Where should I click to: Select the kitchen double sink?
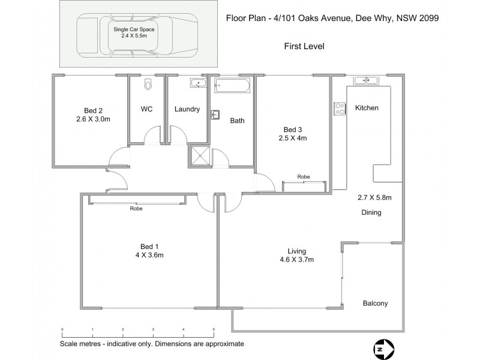pos(365,80)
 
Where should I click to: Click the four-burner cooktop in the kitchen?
pos(340,109)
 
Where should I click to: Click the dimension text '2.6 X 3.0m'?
pos(93,119)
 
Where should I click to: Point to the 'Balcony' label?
pos(375,304)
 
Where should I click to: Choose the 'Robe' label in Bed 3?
pos(304,177)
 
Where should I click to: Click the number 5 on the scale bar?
pos(214,330)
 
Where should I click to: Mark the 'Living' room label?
pos(296,251)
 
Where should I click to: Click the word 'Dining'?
pos(371,212)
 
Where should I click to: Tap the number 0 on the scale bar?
pos(62,330)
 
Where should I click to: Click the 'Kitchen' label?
pos(367,108)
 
